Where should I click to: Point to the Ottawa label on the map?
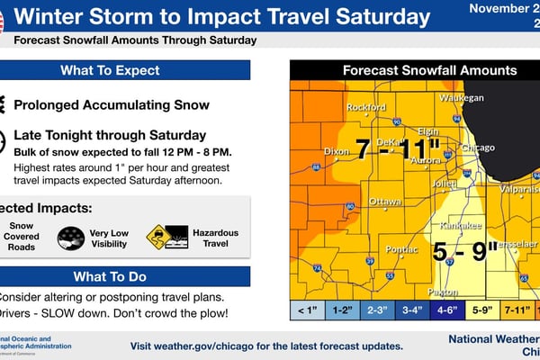[x=385, y=200]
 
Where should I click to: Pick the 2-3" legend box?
[x=376, y=311]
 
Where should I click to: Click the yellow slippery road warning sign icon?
[x=158, y=236]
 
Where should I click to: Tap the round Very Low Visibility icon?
[x=71, y=238]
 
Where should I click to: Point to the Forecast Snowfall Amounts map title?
[x=430, y=70]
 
